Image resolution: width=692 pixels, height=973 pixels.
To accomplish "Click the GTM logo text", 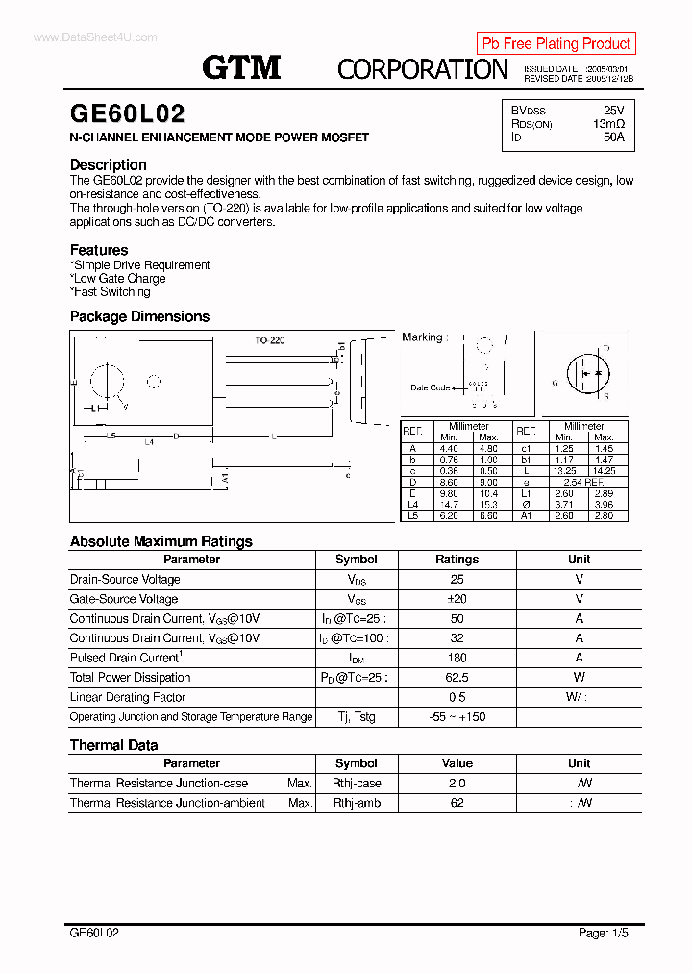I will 241,66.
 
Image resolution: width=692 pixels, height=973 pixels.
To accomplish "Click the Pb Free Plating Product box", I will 556,43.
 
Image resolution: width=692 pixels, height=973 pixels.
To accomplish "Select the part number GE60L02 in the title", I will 127,114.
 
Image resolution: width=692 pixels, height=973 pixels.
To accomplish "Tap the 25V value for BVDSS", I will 613,111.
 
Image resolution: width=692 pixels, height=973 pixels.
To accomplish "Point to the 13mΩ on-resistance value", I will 608,124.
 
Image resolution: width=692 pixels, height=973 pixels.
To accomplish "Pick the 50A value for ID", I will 613,137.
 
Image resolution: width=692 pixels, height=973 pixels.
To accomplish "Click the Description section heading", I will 109,164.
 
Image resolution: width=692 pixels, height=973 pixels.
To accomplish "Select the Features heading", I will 99,250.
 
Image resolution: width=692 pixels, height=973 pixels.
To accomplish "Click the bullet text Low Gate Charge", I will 119,279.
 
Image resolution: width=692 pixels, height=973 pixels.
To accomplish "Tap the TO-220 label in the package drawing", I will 269,340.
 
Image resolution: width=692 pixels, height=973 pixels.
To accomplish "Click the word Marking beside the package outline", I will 422,337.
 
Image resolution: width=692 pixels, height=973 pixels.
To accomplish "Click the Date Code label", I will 430,387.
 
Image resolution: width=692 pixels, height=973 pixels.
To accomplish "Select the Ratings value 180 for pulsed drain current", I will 457,658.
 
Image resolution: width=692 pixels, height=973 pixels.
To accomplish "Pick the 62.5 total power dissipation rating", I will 457,678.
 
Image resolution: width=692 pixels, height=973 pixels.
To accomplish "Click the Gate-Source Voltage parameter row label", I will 123,599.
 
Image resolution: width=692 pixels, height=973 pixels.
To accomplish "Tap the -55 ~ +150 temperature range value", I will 457,717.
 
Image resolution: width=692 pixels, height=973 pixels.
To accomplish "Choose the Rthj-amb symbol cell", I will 357,803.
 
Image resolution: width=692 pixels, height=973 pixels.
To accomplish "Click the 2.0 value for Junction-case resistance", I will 457,784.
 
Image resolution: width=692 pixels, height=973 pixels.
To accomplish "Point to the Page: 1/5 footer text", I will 604,933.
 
